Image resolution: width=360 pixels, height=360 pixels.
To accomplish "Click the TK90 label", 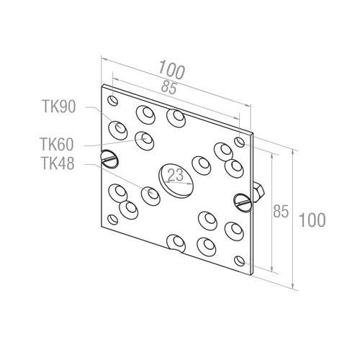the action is (59, 107).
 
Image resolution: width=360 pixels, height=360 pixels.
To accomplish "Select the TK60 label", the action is (57, 144).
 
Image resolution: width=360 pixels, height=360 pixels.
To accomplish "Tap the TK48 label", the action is (58, 163).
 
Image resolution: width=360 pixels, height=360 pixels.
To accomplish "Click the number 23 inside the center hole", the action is (176, 175).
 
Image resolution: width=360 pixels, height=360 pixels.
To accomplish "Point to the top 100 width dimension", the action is (172, 69).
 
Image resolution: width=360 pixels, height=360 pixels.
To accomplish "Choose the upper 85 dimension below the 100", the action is (169, 87).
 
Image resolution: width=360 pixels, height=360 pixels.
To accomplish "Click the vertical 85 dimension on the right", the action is (281, 212).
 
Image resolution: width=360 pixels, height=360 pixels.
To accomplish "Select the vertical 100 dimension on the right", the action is (312, 220).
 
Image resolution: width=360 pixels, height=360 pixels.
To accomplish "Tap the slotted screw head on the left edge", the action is (109, 158).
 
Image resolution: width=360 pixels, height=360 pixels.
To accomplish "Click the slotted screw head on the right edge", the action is (243, 202).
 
